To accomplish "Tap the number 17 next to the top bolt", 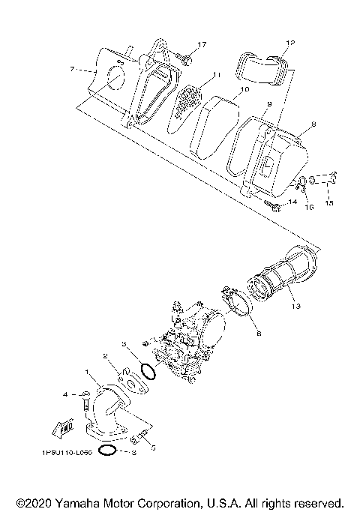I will (x=202, y=45).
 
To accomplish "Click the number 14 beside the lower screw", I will (x=293, y=202).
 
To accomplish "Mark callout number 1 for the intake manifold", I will (x=88, y=372).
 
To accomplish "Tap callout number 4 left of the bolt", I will (x=66, y=394).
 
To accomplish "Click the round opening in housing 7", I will (x=113, y=79).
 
